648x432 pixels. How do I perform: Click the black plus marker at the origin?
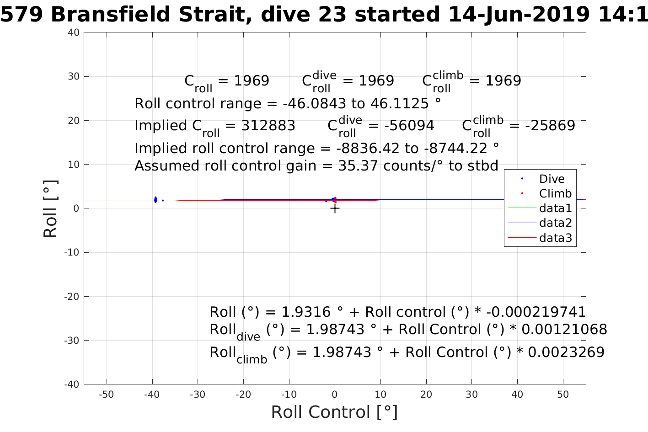(335, 208)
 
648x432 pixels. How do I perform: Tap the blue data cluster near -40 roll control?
(155, 199)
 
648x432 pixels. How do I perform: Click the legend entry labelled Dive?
(552, 179)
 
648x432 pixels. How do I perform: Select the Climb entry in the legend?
(555, 193)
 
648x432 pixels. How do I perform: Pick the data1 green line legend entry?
(555, 208)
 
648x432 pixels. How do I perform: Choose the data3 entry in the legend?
(555, 238)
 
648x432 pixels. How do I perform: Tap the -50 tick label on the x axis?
(106, 395)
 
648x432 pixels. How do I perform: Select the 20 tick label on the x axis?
(426, 395)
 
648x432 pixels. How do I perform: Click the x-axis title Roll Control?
(334, 412)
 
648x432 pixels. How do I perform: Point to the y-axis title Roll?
(50, 208)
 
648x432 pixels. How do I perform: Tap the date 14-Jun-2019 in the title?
(519, 15)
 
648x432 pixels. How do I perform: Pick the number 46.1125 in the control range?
(400, 104)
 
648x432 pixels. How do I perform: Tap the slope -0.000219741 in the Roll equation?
(536, 312)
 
